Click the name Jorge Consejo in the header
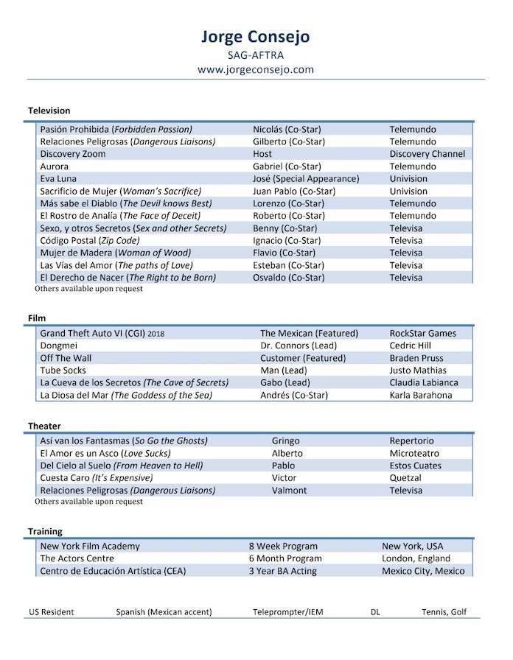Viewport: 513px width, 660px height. tap(256, 36)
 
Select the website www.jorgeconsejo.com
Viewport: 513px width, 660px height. tap(256, 69)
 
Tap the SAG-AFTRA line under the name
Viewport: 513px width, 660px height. tap(256, 54)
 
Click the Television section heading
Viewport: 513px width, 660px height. tap(49, 110)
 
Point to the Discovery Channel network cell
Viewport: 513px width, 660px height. tap(427, 154)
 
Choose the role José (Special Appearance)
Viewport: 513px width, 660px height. tap(306, 179)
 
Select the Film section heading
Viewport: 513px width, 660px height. tap(37, 318)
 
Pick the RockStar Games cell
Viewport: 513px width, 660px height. tap(422, 333)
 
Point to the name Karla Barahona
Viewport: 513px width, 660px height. tap(421, 395)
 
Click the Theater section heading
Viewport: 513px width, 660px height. tap(44, 426)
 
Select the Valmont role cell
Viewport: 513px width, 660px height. tap(289, 491)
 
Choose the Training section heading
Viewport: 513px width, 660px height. tap(45, 531)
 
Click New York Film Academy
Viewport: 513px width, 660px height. tap(90, 547)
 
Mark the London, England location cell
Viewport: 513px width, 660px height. tap(416, 559)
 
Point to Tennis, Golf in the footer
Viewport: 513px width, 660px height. tap(444, 612)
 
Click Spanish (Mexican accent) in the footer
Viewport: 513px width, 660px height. tap(164, 612)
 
